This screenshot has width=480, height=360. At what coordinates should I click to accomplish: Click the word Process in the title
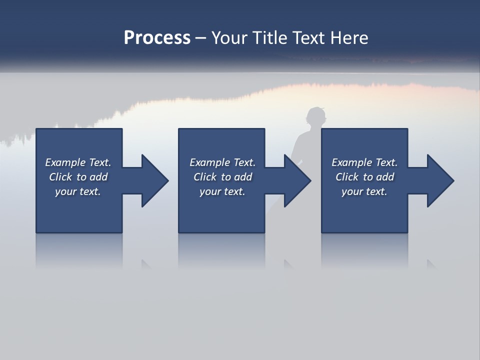tap(157, 38)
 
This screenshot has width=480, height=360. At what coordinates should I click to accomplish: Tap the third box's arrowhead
tap(439, 180)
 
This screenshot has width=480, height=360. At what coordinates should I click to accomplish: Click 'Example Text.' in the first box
tap(78, 162)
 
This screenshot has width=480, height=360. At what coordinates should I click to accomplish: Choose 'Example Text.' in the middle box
tap(222, 162)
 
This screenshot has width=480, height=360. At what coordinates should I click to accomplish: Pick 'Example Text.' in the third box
tap(364, 162)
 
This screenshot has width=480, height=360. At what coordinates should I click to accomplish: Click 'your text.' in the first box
tap(78, 191)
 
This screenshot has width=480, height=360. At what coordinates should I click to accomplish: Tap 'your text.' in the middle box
tap(222, 191)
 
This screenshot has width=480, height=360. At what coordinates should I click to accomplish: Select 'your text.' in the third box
tap(364, 191)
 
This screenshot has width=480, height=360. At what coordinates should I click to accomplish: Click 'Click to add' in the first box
tap(78, 177)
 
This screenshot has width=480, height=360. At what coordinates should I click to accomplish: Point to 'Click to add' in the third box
tap(364, 177)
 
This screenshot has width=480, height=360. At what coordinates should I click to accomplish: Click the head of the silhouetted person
tap(315, 118)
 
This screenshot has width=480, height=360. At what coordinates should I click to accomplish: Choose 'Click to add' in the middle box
tap(222, 177)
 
